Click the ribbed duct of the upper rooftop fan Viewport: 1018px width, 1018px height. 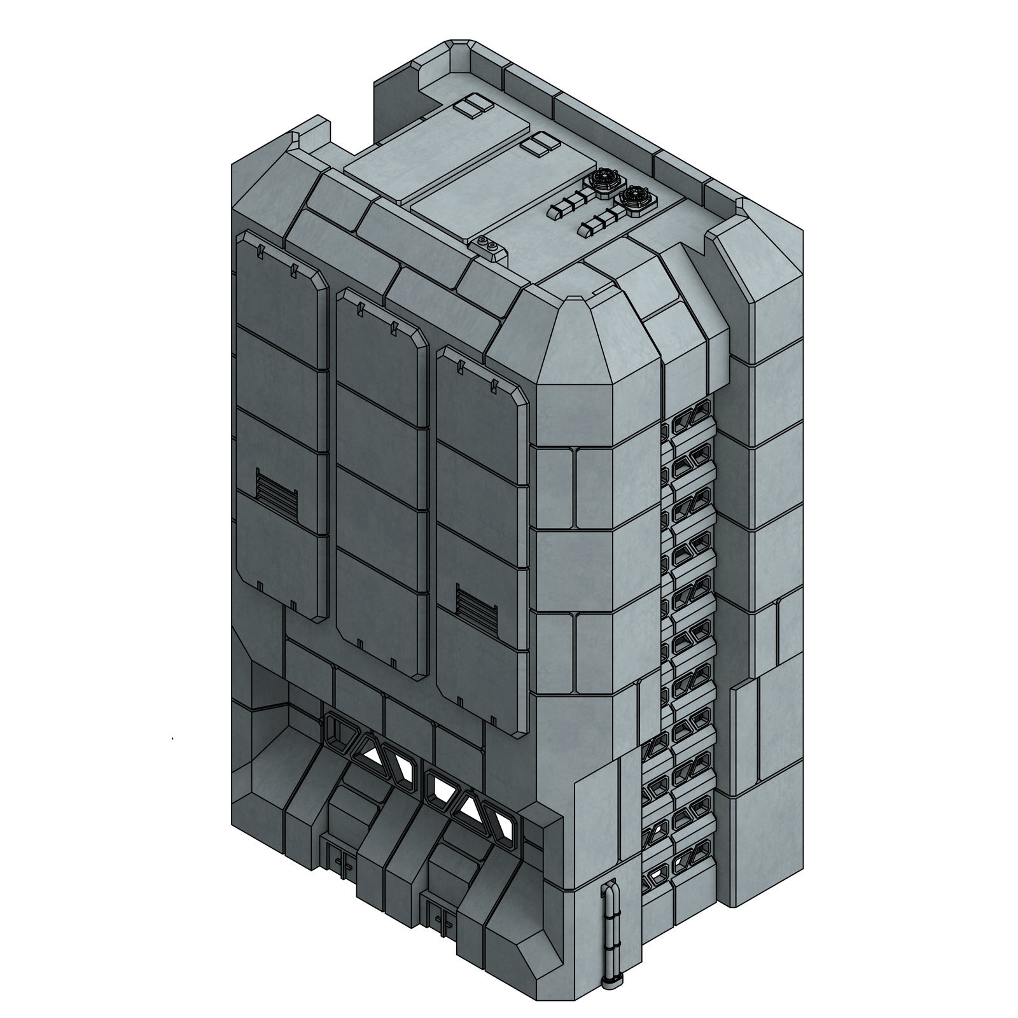(x=568, y=204)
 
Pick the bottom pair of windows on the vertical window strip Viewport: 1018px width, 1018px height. (x=685, y=856)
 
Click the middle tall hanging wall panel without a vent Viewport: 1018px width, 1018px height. (x=382, y=477)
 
